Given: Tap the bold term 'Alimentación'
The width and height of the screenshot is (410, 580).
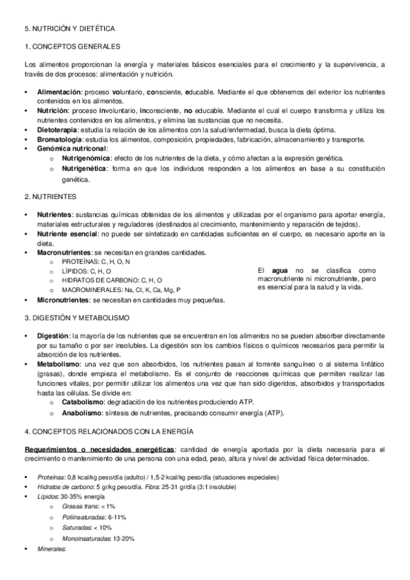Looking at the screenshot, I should (59, 92).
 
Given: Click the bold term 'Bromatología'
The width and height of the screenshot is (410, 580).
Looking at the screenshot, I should (58, 140).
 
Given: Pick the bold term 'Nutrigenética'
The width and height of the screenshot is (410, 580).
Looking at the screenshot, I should (85, 168).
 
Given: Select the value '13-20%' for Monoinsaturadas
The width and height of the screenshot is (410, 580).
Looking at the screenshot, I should (123, 539).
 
